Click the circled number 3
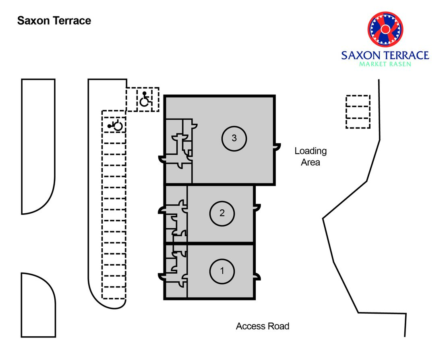point(234,138)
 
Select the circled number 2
point(222,213)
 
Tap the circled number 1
point(222,271)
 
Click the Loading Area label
point(310,156)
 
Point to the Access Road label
point(263,326)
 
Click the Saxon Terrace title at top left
point(54,21)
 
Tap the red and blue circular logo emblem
point(385,29)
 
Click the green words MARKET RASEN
point(385,64)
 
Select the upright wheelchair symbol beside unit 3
point(145,99)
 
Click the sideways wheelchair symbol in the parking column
point(115,125)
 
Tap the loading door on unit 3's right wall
point(277,146)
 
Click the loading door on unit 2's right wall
point(257,208)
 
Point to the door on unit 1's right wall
point(257,277)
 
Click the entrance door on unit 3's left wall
point(161,159)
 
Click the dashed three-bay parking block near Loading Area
point(358,112)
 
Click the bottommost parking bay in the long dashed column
point(114,293)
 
